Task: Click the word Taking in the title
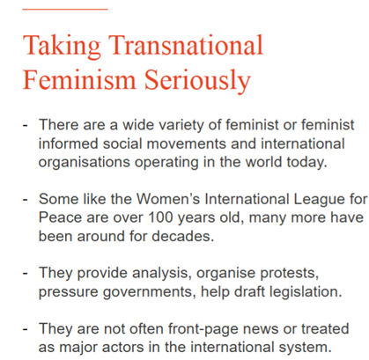click(x=62, y=46)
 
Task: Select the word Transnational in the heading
click(x=186, y=45)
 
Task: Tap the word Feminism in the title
click(x=79, y=79)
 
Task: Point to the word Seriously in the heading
click(x=197, y=81)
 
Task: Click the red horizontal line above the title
click(x=65, y=10)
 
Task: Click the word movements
click(x=187, y=143)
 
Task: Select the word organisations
click(x=85, y=163)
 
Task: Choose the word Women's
click(x=168, y=199)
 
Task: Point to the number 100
click(x=160, y=217)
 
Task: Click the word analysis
click(x=159, y=274)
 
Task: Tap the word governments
click(x=150, y=292)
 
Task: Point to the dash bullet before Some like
click(x=26, y=200)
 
